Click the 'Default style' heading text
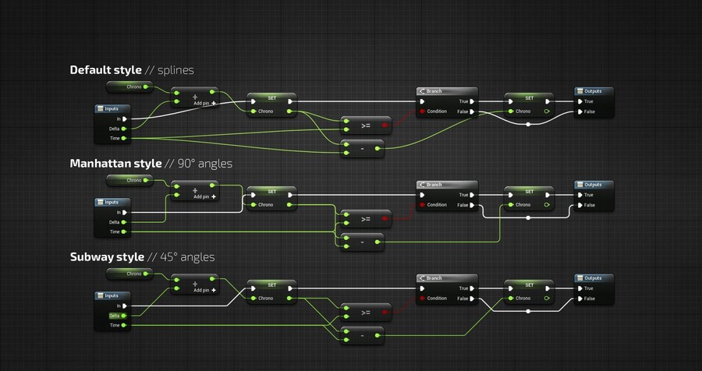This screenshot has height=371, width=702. point(105,70)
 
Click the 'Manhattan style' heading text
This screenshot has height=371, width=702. point(114,164)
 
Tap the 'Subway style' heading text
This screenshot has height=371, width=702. point(107,256)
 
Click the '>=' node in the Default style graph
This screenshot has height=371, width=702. point(365,125)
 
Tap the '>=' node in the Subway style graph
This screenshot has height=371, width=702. point(365,312)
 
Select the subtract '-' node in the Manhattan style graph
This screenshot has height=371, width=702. point(363,242)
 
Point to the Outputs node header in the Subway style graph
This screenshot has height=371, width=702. point(594,278)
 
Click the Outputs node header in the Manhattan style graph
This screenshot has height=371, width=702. point(594,185)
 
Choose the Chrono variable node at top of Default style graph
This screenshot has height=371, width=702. point(130,87)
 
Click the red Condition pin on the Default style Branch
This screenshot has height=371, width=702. point(423,111)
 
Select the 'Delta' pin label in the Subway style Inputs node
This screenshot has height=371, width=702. point(114,316)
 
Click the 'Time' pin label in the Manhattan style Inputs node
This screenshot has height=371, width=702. point(114,231)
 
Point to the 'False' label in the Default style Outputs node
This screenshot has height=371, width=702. point(589,111)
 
